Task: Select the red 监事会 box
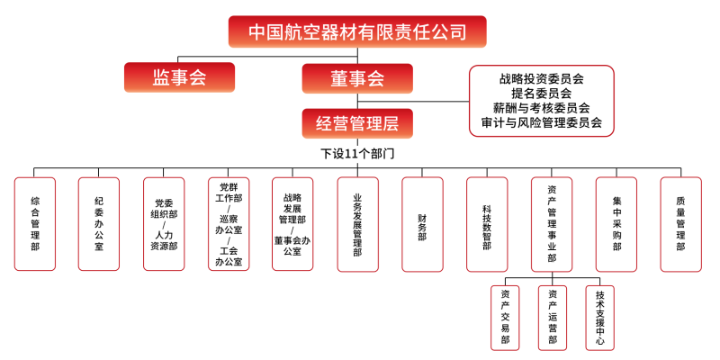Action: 179,77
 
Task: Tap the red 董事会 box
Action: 357,78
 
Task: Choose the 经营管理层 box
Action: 357,122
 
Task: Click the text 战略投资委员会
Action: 542,78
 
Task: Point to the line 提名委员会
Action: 542,93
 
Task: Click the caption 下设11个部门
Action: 358,153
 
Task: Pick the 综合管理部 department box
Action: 35,223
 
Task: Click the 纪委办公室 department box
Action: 99,223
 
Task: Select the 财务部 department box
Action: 422,223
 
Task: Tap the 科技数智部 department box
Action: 487,223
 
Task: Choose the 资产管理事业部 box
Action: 552,223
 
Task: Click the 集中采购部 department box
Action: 616,223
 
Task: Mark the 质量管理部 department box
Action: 681,223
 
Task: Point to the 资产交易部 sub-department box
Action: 505,317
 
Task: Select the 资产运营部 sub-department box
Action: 552,317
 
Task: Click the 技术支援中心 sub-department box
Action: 599,317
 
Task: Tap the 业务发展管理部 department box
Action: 357,223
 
